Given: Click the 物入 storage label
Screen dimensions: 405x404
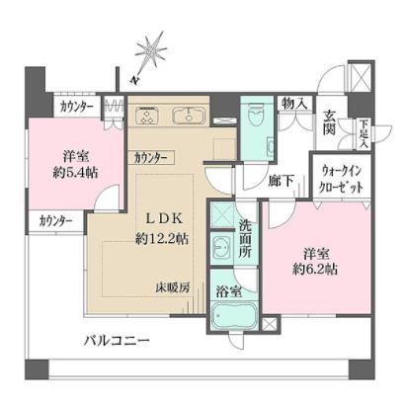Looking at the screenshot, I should (293, 103).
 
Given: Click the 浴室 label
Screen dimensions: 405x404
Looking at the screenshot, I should (228, 292).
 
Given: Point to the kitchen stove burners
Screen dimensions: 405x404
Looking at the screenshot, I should (148, 117).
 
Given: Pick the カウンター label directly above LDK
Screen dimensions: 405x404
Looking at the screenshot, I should (153, 157).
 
